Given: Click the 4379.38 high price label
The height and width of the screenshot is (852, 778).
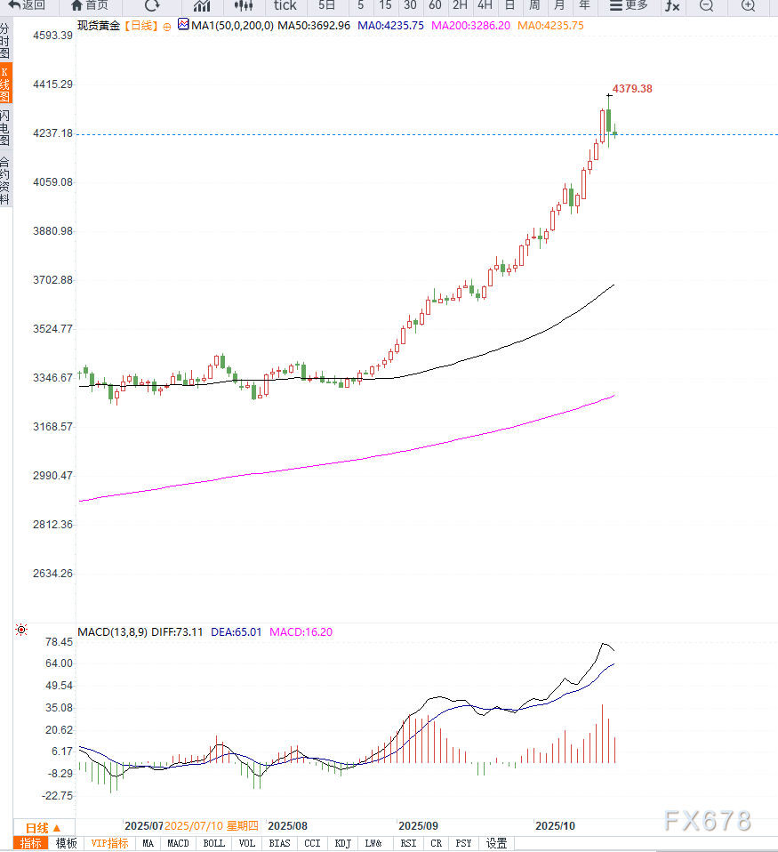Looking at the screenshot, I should pos(632,89).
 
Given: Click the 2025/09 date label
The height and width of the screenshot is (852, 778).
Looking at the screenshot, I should pos(418,825).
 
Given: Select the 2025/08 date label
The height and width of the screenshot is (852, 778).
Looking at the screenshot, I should pos(287,825).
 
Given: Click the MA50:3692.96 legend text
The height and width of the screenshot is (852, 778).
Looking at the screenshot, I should pos(314,26).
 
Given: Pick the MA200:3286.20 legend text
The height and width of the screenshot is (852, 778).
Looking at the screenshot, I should pos(470,26).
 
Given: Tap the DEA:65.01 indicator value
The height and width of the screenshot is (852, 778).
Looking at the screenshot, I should pos(237,632).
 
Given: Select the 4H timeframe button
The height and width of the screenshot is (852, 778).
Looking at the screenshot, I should pos(485,5).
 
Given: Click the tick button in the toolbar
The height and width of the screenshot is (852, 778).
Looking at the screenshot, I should pos(285,5).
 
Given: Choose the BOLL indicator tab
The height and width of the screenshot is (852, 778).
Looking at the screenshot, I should pos(213,843).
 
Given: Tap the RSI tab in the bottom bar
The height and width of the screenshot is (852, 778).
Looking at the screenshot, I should pos(408,843).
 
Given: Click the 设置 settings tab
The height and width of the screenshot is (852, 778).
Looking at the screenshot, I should pos(496,843).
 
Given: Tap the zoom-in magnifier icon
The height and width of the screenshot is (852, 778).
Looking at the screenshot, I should pos(748,5).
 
